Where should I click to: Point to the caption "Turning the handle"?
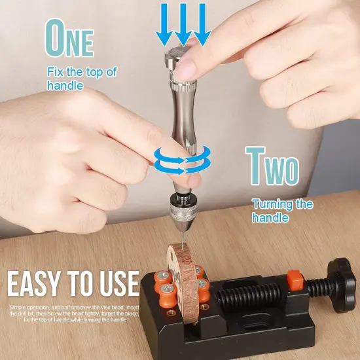point(282,210)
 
